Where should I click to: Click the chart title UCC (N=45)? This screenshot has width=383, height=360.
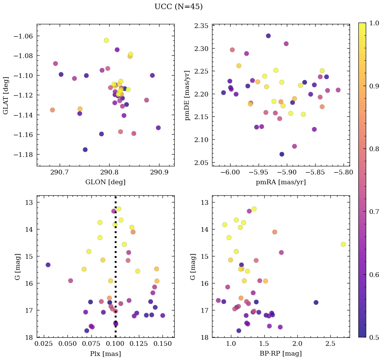click(x=178, y=7)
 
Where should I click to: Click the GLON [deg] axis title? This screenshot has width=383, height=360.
click(x=105, y=182)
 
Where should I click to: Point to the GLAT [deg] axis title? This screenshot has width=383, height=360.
click(x=6, y=95)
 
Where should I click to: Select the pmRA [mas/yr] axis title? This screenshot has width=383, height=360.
click(x=281, y=182)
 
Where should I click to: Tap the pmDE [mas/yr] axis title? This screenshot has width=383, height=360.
click(x=187, y=95)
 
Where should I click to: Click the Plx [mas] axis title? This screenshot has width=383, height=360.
click(x=105, y=354)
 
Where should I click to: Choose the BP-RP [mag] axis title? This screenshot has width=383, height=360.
click(x=281, y=354)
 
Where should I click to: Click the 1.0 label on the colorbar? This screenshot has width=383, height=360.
click(x=374, y=23)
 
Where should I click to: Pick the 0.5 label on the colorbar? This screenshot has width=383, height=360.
click(x=374, y=337)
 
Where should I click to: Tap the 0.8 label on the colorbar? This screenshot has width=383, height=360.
click(x=374, y=148)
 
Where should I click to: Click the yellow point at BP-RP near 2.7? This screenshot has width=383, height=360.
click(x=343, y=244)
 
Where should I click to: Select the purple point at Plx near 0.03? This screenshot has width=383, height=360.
click(x=48, y=265)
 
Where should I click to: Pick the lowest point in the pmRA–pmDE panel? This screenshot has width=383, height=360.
click(x=282, y=154)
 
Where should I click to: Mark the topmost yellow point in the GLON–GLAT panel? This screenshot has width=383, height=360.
click(x=106, y=40)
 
